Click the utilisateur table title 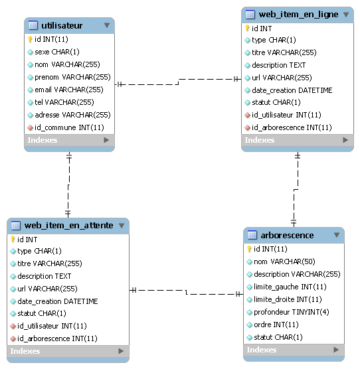point(62,25)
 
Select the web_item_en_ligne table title point(298,15)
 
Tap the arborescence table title point(287,235)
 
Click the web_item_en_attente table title point(69,226)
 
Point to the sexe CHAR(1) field point(57,52)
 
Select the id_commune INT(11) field point(69,127)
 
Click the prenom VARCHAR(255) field point(72,77)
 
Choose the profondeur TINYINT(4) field point(291,312)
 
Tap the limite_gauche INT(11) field point(290,287)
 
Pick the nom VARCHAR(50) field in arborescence point(284,261)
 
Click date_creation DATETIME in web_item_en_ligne point(292,90)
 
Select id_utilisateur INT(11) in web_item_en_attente point(52,326)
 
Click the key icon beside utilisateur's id point(30,39)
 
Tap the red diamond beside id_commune point(30,128)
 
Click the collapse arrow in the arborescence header point(337,235)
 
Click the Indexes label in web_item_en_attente point(25,351)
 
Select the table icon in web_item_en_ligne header point(250,15)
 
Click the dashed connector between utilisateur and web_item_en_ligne point(179,82)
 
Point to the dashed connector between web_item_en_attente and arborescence point(186,292)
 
